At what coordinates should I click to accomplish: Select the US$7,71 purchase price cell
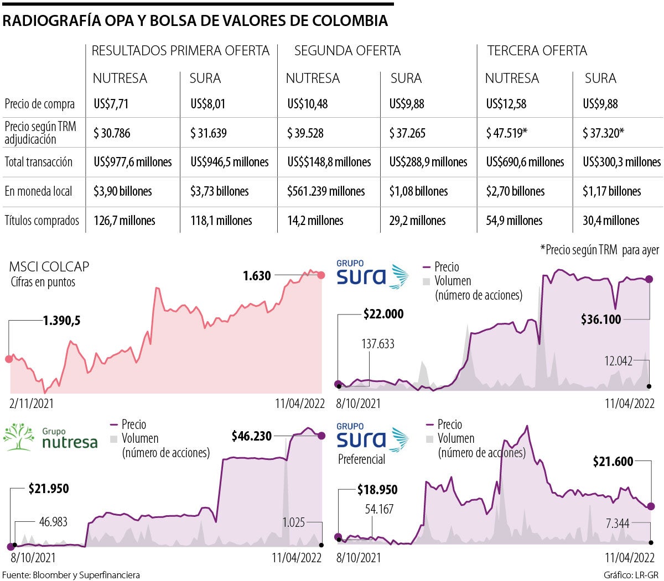[x=111, y=104]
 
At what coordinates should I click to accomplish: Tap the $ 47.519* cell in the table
[x=506, y=133]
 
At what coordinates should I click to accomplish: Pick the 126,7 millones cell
[x=124, y=221]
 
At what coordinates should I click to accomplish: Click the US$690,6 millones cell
[x=525, y=162]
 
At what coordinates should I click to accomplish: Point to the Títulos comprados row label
[x=42, y=221]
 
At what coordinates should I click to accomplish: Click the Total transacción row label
[x=39, y=162]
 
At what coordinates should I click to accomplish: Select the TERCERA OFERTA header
[x=537, y=51]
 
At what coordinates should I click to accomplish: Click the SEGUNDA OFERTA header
[x=347, y=51]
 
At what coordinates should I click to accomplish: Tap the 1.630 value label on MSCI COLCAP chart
[x=257, y=275]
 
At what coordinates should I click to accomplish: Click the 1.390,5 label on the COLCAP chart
[x=61, y=321]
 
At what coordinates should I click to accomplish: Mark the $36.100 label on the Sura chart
[x=601, y=320]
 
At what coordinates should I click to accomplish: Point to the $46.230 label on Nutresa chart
[x=252, y=436]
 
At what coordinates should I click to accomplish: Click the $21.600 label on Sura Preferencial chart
[x=613, y=462]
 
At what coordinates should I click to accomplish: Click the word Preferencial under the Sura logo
[x=361, y=459]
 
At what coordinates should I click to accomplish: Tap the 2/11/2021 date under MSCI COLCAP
[x=32, y=404]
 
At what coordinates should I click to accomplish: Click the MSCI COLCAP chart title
[x=49, y=266]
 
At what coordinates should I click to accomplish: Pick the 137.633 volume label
[x=378, y=344]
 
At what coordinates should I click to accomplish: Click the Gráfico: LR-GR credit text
[x=631, y=575]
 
